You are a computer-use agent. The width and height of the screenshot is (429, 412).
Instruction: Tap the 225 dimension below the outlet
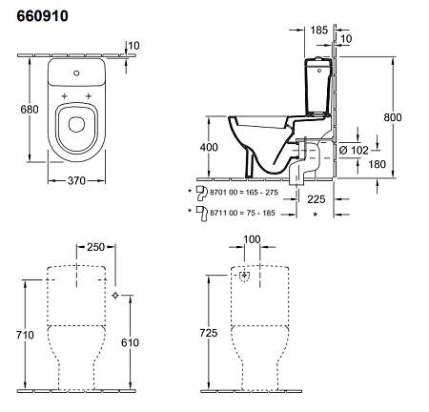(317, 199)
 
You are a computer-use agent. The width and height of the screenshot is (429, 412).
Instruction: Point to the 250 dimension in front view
(93, 247)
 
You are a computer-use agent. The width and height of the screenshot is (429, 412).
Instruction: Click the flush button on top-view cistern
(77, 72)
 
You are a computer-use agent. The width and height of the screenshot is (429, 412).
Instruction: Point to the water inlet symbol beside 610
(116, 296)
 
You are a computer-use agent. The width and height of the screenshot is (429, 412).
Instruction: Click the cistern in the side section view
(317, 91)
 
